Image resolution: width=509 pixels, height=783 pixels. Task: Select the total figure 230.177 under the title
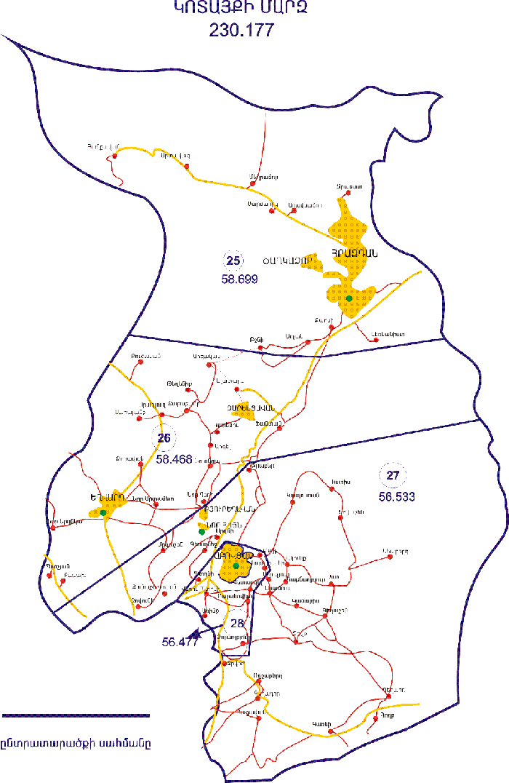tap(241, 30)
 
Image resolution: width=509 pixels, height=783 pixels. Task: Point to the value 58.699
tap(239, 279)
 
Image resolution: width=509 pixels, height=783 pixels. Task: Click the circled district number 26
tap(164, 438)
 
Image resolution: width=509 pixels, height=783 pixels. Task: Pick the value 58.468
tap(174, 459)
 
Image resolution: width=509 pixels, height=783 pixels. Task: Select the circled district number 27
tap(393, 476)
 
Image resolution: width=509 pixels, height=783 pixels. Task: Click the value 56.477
tap(181, 641)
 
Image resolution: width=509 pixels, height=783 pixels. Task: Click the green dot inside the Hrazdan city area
tap(349, 298)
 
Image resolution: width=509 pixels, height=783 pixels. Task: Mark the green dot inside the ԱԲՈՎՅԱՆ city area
tap(236, 565)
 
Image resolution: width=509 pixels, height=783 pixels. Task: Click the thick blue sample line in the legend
tap(76, 715)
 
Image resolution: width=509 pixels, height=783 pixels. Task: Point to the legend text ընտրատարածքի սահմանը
tap(76, 744)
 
